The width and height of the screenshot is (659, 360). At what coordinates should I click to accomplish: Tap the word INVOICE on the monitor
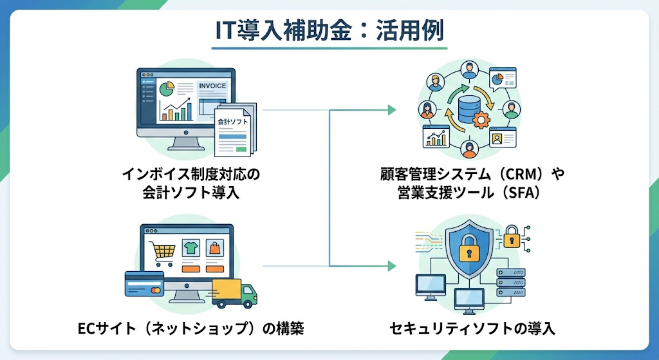point(212,86)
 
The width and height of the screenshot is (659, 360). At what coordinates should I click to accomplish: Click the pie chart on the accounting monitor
point(167,86)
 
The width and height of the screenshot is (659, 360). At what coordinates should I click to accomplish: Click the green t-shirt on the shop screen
point(190,247)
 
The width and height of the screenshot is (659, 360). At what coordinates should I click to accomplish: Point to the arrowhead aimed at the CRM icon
point(392,110)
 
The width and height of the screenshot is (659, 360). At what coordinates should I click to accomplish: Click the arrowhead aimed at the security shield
point(392,265)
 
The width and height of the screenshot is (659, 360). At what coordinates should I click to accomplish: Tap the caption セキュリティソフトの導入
point(472,330)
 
